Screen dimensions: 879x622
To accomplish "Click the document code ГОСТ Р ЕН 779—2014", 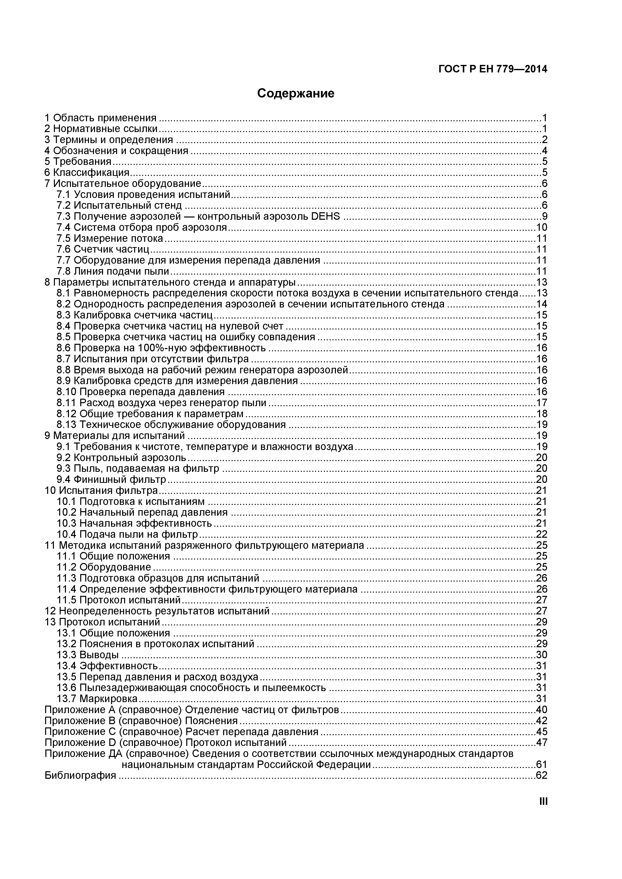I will [493, 69].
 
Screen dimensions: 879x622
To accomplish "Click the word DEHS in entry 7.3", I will [326, 216].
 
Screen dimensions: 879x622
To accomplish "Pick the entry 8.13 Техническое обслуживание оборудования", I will [171, 424].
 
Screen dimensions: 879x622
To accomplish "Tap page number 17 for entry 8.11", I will [542, 403].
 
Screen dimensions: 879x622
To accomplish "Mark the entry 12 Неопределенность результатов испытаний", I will [157, 611].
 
